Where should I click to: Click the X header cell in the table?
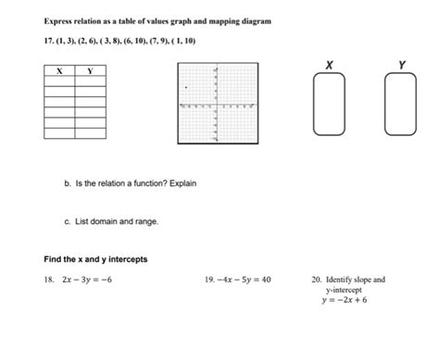click(x=59, y=71)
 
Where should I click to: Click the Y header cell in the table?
click(x=90, y=71)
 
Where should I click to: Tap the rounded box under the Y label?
click(x=401, y=104)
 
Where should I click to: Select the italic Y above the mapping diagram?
click(x=401, y=64)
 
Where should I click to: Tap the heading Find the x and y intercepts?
click(x=95, y=258)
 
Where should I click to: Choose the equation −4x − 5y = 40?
click(x=244, y=279)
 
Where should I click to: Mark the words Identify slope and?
click(x=355, y=279)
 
